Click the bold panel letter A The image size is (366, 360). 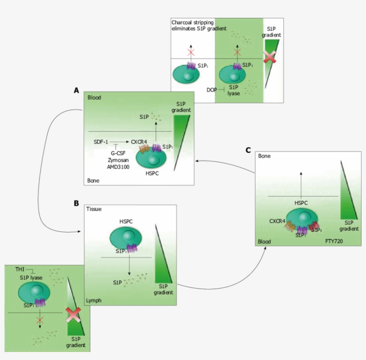coord(77,90)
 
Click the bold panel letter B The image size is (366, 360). coord(76,203)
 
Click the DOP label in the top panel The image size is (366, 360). coord(212,90)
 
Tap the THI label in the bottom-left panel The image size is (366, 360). coord(20,269)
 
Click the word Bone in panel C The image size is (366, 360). coord(265,156)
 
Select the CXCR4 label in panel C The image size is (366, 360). coord(277,221)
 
